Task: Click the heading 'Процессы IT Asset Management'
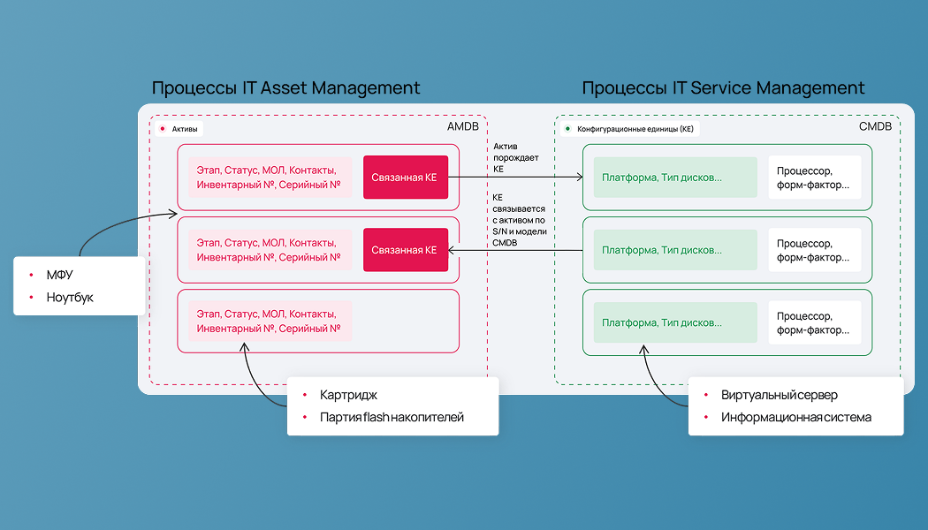[285, 88]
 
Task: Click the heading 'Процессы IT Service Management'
[723, 88]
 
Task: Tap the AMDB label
[463, 126]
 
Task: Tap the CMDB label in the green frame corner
[875, 126]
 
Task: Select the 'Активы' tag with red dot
[179, 129]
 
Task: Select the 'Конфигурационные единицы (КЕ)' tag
[629, 129]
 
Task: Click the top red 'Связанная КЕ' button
[406, 178]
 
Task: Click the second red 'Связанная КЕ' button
[406, 250]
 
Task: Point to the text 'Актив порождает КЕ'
[515, 157]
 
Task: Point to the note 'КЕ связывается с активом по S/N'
[519, 220]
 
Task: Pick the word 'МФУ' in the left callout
[60, 275]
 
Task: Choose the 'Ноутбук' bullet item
[70, 298]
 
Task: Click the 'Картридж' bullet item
[348, 395]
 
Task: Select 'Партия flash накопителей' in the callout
[392, 418]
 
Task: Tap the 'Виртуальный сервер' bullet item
[779, 395]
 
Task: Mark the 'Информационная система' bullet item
[796, 418]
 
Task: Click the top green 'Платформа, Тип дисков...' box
[675, 178]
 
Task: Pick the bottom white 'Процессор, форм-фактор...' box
[814, 323]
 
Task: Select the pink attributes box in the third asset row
[270, 322]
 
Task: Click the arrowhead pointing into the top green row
[580, 177]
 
